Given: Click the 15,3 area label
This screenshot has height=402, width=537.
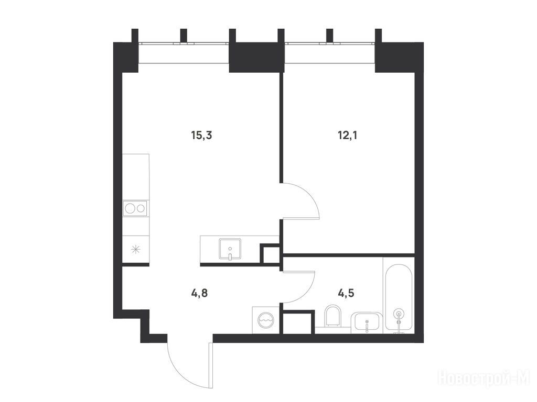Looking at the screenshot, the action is [x=202, y=136].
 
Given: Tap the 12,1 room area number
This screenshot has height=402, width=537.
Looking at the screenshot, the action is [x=348, y=136].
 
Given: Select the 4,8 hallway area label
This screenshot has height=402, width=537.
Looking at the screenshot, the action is [x=199, y=293].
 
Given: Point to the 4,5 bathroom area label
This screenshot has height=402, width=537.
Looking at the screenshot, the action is [x=346, y=293].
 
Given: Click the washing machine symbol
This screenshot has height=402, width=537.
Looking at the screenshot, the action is [x=266, y=320].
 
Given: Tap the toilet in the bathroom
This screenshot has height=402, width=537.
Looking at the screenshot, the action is [x=332, y=316].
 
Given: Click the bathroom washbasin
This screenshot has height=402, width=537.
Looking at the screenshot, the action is [x=367, y=322].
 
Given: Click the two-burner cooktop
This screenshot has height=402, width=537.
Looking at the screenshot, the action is [x=136, y=208].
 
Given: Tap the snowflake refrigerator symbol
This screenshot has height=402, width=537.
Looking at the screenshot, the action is [x=136, y=250].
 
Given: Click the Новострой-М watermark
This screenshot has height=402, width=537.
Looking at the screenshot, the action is [x=484, y=379].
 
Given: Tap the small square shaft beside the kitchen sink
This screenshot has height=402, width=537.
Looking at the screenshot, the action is [x=271, y=253].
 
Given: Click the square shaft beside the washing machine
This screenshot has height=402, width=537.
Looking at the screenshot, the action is [x=297, y=322].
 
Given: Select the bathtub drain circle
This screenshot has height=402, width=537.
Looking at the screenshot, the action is [x=399, y=313].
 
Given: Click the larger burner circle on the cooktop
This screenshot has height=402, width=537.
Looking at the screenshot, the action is [x=131, y=208].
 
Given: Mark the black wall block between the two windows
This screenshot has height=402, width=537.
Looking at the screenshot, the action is [x=256, y=58].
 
